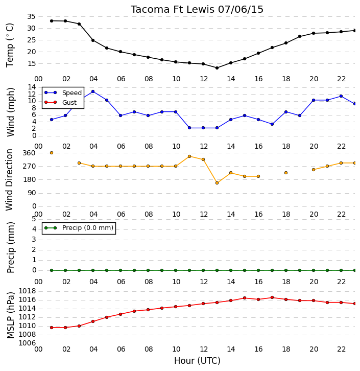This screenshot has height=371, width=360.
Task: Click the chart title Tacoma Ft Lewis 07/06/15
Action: pos(197,10)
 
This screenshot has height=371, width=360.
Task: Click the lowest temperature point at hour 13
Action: pos(217,68)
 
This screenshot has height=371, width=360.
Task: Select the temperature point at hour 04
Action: pos(93,40)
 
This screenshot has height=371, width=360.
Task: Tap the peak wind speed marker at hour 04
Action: pos(93,91)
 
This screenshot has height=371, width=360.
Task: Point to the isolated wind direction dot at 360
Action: pos(52,153)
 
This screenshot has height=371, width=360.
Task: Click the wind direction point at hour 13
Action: pos(217,183)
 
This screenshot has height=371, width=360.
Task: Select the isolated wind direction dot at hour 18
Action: pos(286,173)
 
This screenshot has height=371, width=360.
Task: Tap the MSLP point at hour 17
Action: pos(272,297)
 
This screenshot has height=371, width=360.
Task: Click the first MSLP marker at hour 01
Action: pos(52,328)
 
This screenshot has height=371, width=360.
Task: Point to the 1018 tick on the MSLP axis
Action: pos(27,291)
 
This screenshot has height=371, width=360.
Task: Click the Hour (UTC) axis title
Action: pos(197,361)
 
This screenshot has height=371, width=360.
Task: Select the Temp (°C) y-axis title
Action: pos(10,45)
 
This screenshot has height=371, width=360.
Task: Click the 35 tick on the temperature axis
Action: pos(31,16)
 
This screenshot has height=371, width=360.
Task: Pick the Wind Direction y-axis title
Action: pos(10,179)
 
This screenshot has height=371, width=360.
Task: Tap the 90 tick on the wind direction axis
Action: pos(32,193)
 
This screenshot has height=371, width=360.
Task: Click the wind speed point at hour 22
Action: pos(341,96)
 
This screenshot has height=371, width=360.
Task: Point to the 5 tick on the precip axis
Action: pos(34,219)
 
